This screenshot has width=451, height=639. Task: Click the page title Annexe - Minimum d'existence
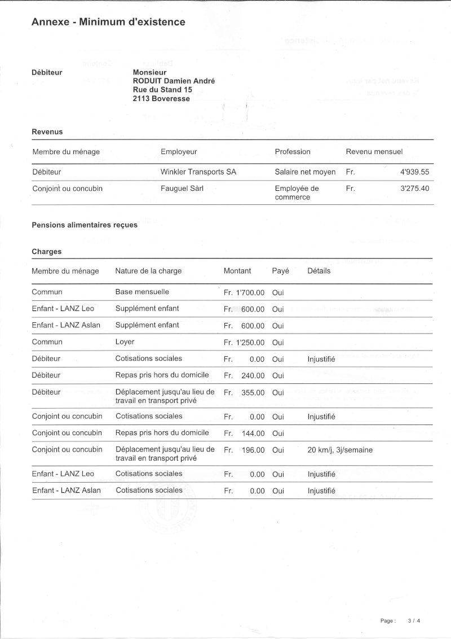108,22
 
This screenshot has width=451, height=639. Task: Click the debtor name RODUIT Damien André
174,81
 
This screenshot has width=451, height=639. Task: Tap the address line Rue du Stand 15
162,90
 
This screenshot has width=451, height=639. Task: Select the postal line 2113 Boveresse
161,99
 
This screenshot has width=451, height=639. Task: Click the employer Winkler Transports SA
198,172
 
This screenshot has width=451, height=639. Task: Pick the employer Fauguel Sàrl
182,189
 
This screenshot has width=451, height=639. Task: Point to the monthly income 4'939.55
415,172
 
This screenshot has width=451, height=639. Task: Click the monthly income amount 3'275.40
415,189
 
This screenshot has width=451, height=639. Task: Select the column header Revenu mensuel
374,152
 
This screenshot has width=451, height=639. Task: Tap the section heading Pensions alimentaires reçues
85,225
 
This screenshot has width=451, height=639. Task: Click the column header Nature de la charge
148,271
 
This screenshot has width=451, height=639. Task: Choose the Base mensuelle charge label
142,292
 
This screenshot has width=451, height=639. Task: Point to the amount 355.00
253,392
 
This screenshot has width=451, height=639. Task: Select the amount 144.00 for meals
253,434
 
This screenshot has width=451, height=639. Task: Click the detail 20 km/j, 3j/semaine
340,450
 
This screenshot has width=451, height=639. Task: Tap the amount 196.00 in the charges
253,450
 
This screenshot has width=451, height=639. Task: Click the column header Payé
280,271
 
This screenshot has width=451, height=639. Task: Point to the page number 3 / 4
414,621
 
